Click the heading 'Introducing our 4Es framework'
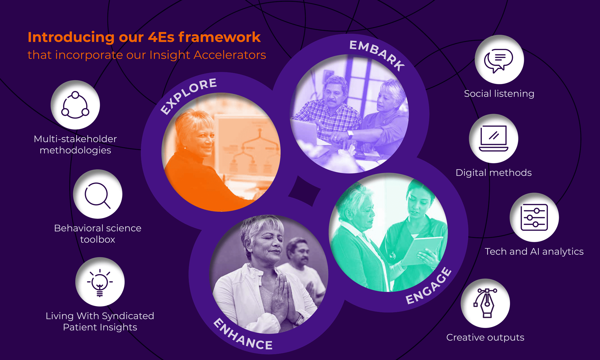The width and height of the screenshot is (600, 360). click(x=144, y=37)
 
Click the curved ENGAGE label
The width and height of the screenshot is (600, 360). click(x=429, y=286)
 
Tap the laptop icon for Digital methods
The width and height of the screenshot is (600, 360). click(x=493, y=138)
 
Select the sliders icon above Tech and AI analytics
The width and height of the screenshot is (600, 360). click(x=534, y=217)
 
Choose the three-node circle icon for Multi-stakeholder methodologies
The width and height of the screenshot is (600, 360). click(x=75, y=105)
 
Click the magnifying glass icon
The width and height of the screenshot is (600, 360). click(x=97, y=195)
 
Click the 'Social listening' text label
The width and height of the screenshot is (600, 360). click(x=499, y=94)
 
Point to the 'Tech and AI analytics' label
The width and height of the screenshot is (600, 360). click(x=534, y=251)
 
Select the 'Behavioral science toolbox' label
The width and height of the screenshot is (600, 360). click(x=98, y=234)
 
